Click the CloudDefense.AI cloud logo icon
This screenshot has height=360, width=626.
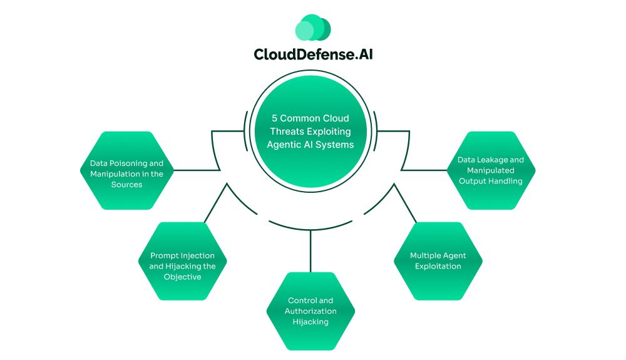point(312,28)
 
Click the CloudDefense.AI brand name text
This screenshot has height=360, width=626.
point(313,54)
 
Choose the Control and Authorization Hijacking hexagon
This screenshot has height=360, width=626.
point(310,311)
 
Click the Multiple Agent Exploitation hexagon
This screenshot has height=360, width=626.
point(438,261)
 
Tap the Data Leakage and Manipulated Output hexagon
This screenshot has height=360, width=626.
point(491,170)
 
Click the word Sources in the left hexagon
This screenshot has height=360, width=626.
point(126,185)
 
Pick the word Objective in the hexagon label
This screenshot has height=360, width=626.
point(182,277)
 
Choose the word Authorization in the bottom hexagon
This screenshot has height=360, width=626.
point(310,311)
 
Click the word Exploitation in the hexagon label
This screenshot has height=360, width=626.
point(438,266)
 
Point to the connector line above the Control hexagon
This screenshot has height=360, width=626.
point(310,250)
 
